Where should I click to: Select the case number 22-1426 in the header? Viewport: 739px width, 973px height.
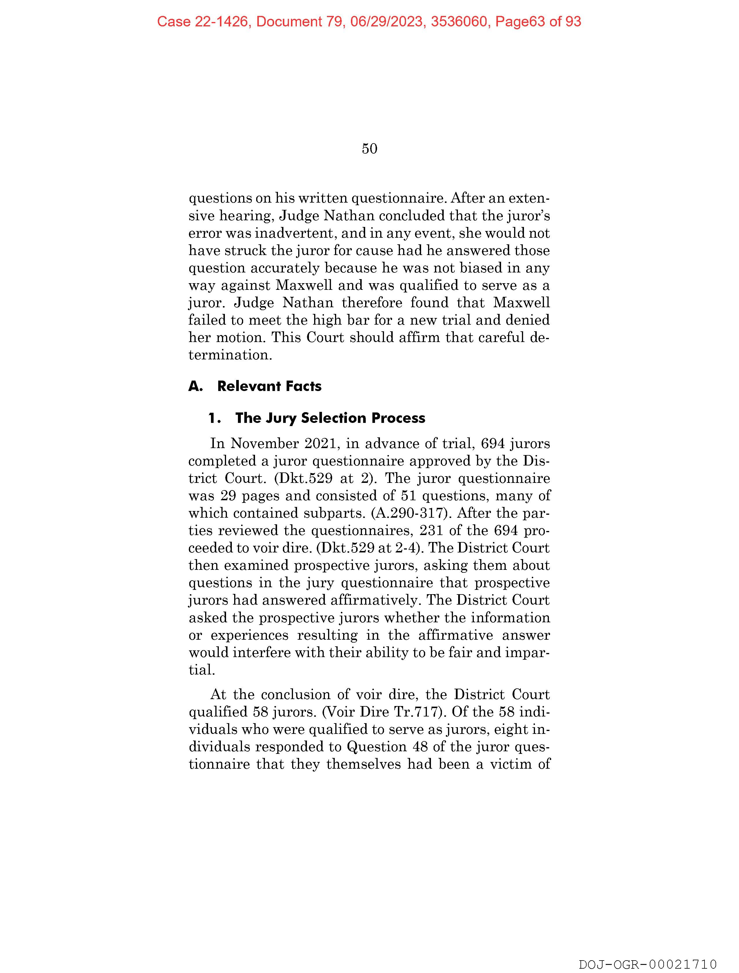[x=221, y=21]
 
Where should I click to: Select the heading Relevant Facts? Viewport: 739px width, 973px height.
[x=269, y=386]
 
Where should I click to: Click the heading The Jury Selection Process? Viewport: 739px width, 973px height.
[x=330, y=418]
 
